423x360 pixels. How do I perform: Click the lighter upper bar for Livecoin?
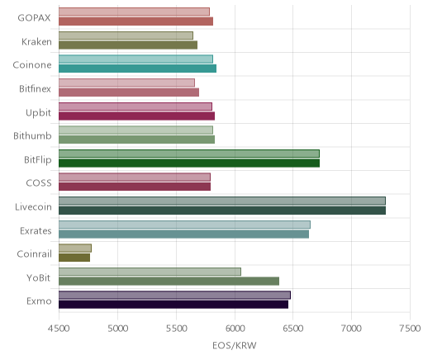222,201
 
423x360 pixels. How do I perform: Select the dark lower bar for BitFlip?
189,163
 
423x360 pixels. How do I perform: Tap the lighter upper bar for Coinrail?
75,249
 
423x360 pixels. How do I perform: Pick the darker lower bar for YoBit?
169,282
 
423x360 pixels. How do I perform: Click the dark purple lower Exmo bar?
173,305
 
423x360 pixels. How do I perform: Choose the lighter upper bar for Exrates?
184,225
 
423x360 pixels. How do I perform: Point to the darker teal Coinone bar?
137,69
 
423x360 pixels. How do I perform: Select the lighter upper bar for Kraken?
126,36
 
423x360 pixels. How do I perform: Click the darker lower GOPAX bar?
135,21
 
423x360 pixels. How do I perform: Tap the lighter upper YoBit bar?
150,272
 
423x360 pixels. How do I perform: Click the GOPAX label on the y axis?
34,18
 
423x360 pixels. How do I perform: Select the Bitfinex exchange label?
35,88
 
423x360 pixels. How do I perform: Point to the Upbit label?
38,113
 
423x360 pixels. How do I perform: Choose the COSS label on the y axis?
39,183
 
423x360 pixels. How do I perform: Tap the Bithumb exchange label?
32,135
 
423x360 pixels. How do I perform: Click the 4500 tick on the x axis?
59,329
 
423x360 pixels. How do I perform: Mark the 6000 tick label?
235,329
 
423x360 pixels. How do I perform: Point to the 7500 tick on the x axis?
411,329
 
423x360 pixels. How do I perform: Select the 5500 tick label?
176,329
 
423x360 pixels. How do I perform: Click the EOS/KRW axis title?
235,345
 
